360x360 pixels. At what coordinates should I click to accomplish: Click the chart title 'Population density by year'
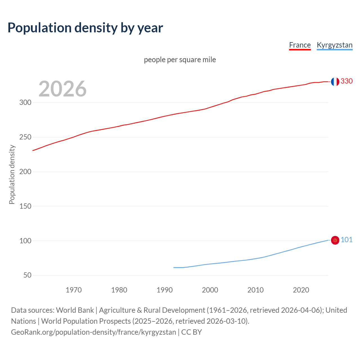point(85,28)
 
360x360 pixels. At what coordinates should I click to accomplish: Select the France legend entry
point(300,45)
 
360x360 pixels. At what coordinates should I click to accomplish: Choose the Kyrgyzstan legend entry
point(334,45)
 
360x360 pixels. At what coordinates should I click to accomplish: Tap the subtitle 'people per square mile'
point(180,60)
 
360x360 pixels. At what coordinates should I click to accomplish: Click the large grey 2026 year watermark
point(62,89)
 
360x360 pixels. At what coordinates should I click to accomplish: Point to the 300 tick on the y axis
point(25,102)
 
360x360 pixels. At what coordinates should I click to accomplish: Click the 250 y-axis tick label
point(25,137)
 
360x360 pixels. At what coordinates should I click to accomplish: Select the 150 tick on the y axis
point(25,206)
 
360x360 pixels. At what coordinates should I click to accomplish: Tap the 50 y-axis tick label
point(27,275)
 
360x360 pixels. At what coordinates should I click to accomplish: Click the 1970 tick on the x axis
point(74,290)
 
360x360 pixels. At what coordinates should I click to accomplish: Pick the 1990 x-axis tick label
point(165,290)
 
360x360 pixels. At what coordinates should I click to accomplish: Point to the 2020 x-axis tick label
point(301,290)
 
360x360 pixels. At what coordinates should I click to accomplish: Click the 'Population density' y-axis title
point(12,174)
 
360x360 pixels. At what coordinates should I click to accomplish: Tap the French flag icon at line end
point(335,82)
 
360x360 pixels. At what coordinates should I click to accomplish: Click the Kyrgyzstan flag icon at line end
point(335,240)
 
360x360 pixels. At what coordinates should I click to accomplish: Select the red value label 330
point(346,81)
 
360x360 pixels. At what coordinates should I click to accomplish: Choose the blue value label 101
point(346,240)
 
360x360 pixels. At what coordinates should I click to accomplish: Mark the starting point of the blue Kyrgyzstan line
point(174,267)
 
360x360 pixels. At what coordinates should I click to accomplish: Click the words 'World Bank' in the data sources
point(75,310)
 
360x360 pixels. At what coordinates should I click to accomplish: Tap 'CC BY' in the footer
point(192,332)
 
